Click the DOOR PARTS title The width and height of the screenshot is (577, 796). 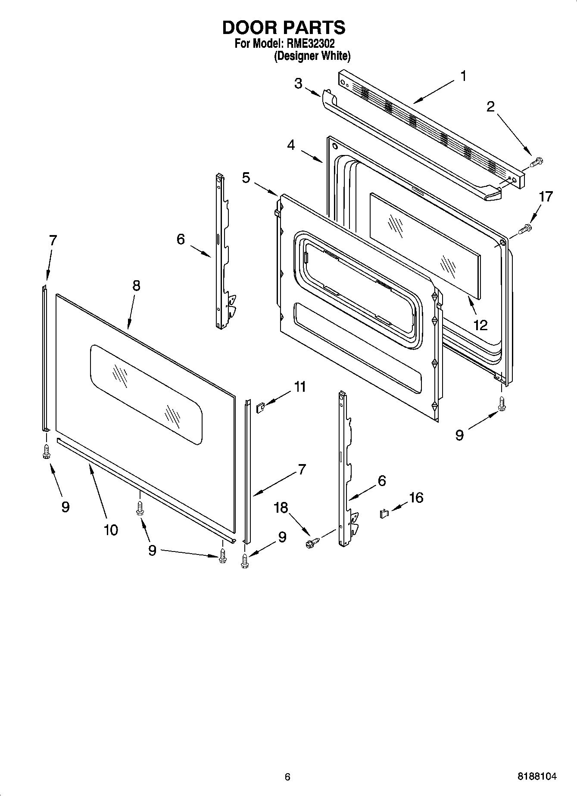pos(284,28)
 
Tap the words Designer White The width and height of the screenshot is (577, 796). pos(312,56)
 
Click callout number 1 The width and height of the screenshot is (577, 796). pos(463,76)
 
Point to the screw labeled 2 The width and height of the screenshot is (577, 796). pos(536,162)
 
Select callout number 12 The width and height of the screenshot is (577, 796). pos(480,325)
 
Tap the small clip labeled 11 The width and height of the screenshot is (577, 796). pos(260,407)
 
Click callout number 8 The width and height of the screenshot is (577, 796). pos(136,285)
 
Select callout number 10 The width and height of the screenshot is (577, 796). pos(111,530)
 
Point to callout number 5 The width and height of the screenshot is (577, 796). pos(246,177)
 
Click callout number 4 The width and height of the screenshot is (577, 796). pos(291,145)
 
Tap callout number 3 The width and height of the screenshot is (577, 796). pos(298,83)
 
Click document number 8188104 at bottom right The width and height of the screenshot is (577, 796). pos(537,777)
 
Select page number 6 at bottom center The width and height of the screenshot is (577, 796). pos(287,777)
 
